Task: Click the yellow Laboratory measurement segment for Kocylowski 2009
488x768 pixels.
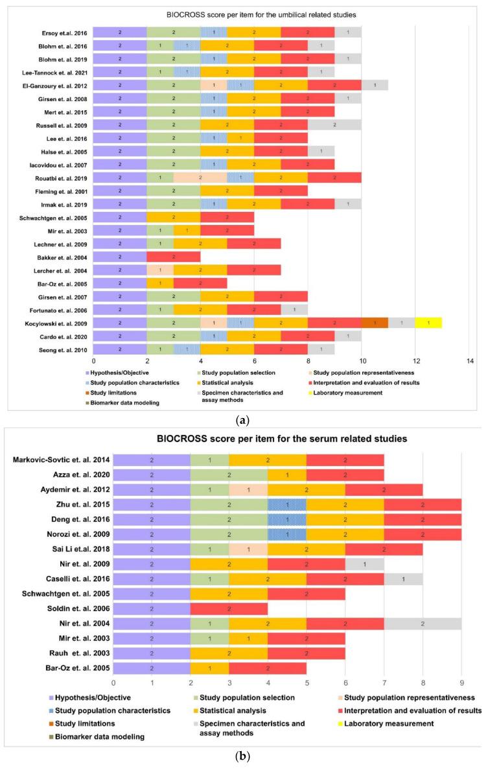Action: (428, 322)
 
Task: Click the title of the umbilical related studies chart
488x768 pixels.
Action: (244, 14)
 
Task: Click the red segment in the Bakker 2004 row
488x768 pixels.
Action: (174, 238)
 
